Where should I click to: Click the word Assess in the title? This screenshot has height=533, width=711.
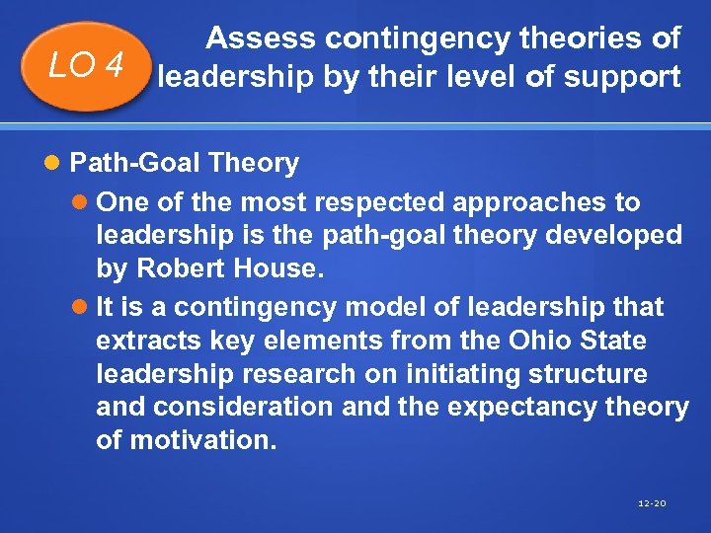261,38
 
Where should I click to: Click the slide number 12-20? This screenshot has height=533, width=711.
652,504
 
